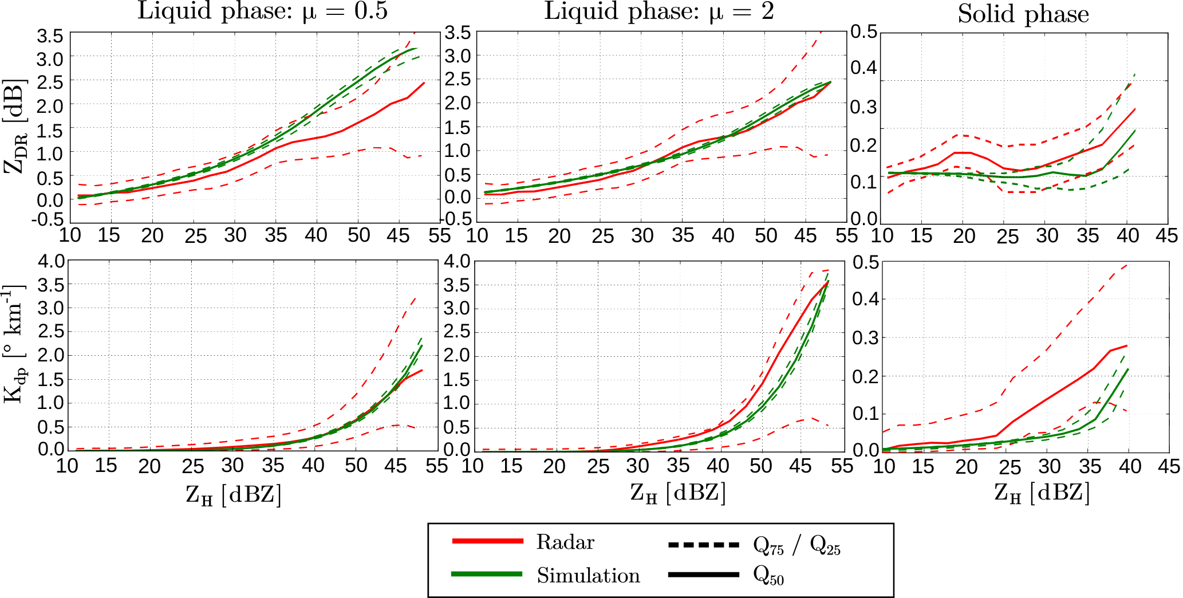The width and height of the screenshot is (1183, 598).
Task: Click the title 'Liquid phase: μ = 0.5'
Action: tap(262, 11)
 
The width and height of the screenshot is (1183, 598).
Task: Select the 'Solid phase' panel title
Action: tap(1023, 14)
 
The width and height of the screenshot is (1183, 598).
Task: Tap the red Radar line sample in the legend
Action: tap(487, 541)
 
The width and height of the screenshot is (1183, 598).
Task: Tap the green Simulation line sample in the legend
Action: tap(487, 574)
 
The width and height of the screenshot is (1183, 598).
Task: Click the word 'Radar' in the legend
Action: tap(565, 542)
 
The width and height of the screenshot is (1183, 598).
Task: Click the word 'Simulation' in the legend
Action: tap(588, 575)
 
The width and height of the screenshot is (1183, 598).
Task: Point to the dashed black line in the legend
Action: tap(704, 544)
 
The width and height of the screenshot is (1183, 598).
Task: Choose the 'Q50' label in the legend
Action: tap(768, 575)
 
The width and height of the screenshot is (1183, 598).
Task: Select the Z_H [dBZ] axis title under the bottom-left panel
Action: tap(234, 494)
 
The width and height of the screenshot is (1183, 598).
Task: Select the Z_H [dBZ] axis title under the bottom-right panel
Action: tap(1042, 493)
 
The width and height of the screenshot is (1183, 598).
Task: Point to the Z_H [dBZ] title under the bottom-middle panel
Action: tap(678, 493)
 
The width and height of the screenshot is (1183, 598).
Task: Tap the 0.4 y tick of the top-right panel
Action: tap(864, 68)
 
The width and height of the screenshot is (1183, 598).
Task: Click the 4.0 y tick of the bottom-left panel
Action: tap(51, 262)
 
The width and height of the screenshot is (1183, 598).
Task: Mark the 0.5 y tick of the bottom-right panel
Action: tap(866, 263)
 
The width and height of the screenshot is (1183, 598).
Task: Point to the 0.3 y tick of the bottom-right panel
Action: tap(866, 338)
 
